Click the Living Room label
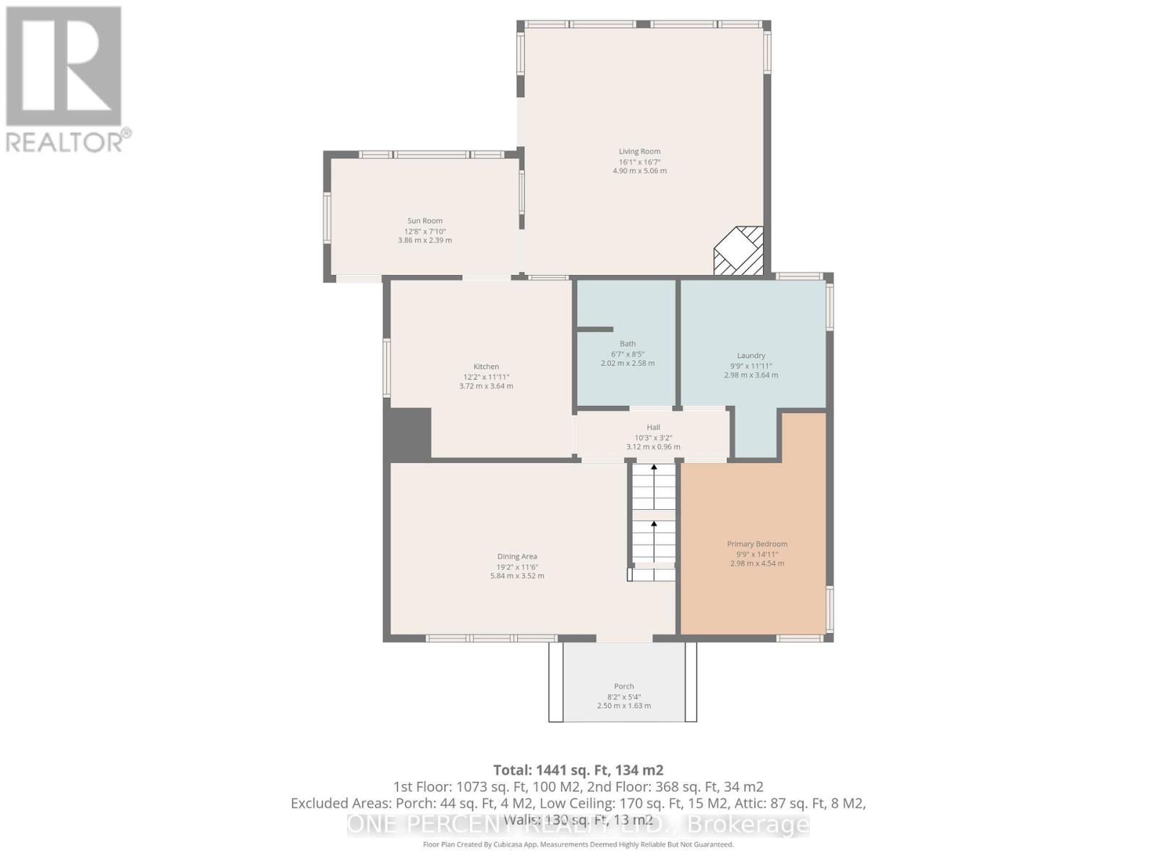click(x=639, y=151)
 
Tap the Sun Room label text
click(x=424, y=221)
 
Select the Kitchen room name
click(x=486, y=367)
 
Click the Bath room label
click(x=628, y=344)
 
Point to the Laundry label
click(x=751, y=355)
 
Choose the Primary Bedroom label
click(x=757, y=544)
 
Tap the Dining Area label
click(x=516, y=556)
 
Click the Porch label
click(x=623, y=686)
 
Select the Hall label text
click(x=653, y=427)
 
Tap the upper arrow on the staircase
click(x=654, y=485)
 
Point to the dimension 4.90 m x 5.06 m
click(x=639, y=171)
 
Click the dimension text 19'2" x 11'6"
click(x=516, y=567)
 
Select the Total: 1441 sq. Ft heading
click(x=578, y=770)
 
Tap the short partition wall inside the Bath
click(x=594, y=330)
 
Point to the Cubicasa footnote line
click(x=578, y=845)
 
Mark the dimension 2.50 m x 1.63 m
click(x=623, y=705)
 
